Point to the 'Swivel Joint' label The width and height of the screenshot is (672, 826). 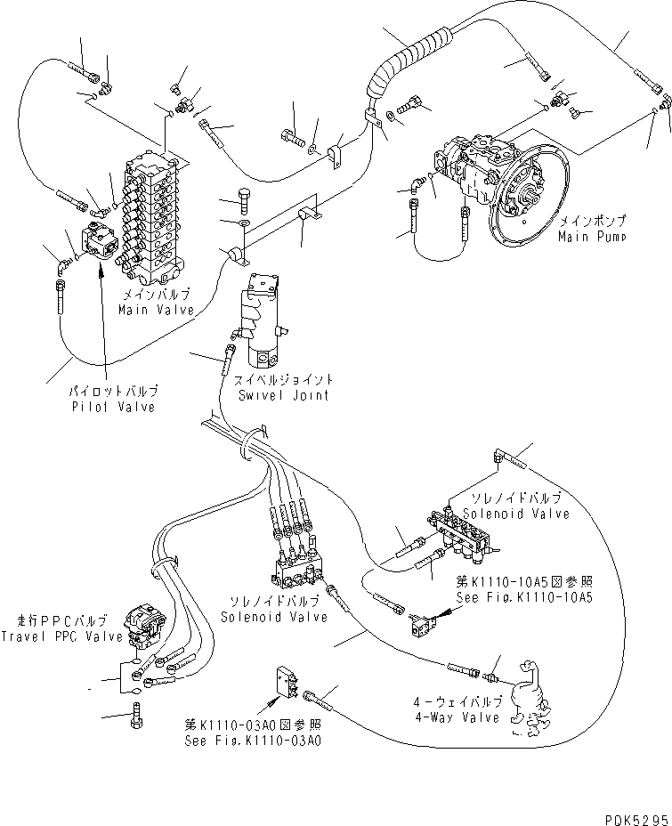click(280, 394)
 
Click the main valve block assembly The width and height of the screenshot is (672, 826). click(155, 218)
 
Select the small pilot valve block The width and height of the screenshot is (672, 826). click(97, 241)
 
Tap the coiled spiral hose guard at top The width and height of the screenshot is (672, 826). click(402, 61)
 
